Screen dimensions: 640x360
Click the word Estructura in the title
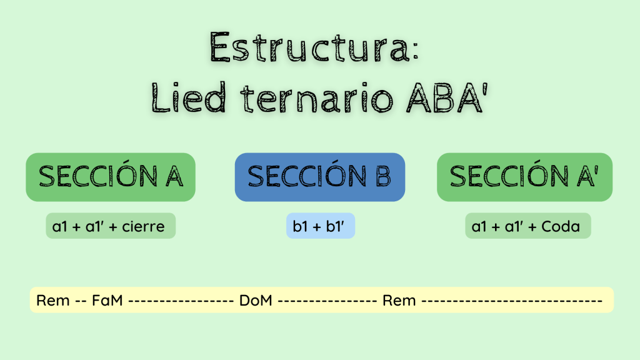click(309, 47)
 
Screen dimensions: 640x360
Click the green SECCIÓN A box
click(111, 177)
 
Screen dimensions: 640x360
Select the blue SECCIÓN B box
click(320, 177)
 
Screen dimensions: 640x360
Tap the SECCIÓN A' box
click(524, 177)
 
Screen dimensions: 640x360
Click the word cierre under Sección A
click(143, 226)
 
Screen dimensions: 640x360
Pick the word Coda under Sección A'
click(561, 226)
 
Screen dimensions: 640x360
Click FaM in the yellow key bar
click(107, 301)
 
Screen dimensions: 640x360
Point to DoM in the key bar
click(256, 301)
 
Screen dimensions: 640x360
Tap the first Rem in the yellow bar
click(53, 301)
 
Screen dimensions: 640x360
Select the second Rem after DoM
click(399, 301)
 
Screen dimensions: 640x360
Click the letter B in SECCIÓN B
click(383, 176)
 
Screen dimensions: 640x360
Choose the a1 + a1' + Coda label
click(528, 226)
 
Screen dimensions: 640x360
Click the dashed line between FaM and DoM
click(181, 301)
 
